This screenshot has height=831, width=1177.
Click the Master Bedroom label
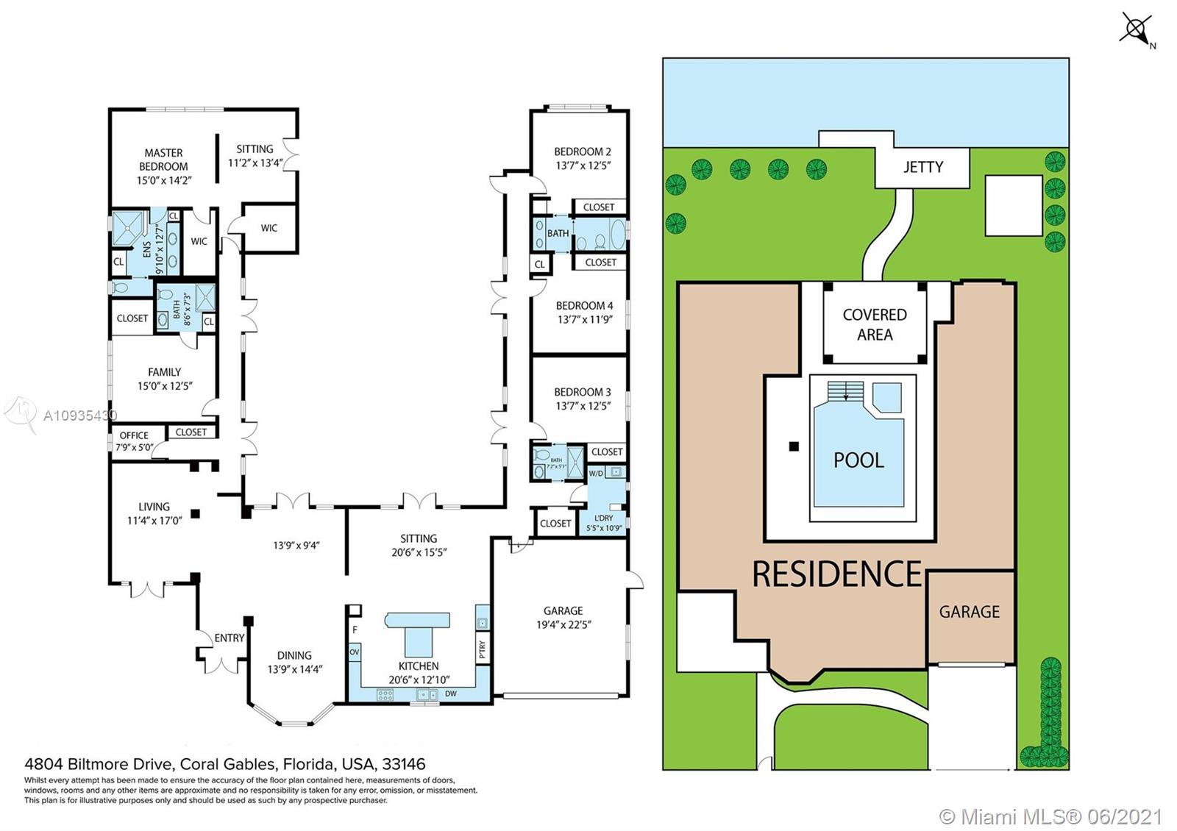(163, 160)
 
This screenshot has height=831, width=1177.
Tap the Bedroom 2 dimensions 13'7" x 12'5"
(583, 166)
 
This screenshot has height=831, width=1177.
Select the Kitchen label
(419, 666)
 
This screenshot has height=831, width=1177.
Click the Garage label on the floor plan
(563, 611)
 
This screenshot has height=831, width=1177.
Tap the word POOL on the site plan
(858, 460)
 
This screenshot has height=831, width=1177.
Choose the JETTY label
(922, 167)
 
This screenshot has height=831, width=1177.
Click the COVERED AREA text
(874, 324)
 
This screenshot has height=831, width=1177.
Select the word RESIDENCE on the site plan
(837, 574)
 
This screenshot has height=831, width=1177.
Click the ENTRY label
(229, 638)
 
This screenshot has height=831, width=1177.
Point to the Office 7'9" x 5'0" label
(134, 441)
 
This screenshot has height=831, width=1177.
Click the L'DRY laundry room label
(608, 523)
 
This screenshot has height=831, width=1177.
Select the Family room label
(164, 372)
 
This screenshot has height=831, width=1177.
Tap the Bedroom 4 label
(584, 306)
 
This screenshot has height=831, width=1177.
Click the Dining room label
(294, 655)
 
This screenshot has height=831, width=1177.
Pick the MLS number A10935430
(79, 416)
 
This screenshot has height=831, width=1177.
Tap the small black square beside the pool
(793, 446)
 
